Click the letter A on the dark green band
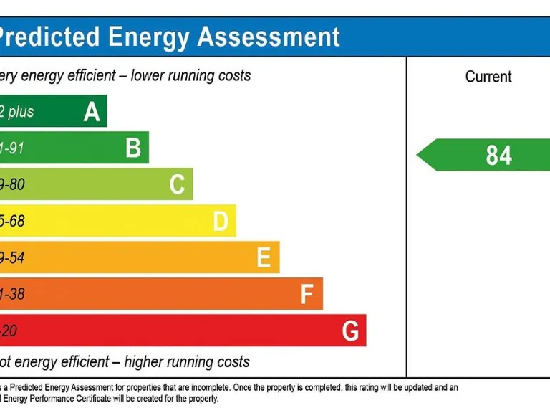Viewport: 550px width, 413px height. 92,112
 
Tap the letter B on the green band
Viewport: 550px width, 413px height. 133,148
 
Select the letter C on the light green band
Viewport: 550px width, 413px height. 177,185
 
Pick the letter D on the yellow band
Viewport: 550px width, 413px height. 221,222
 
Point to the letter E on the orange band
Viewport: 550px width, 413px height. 264,257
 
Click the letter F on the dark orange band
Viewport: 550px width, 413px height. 307,294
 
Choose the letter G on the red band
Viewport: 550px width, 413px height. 350,331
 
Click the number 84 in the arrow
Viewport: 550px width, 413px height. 498,155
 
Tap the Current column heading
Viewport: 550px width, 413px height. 488,77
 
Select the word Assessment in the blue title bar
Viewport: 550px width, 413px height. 269,37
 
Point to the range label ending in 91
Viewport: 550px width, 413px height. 13,148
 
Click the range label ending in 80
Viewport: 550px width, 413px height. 13,185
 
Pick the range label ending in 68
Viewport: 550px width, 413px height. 13,222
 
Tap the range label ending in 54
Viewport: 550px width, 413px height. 13,257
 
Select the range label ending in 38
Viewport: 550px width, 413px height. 13,294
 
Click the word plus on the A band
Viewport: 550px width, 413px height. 21,112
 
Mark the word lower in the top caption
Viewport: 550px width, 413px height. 148,75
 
